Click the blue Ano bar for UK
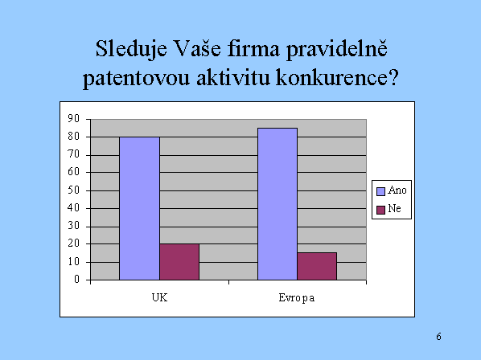(x=140, y=208)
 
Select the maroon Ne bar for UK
(x=179, y=262)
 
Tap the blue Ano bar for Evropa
(x=277, y=204)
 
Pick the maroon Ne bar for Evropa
(x=317, y=266)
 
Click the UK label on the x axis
(x=159, y=297)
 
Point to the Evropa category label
(x=297, y=298)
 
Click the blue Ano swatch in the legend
(x=380, y=191)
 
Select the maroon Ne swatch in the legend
(x=380, y=210)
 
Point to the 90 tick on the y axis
(x=74, y=119)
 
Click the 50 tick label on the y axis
(x=74, y=190)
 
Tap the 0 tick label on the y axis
(x=76, y=280)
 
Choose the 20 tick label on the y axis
(x=74, y=243)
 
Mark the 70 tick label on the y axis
(x=74, y=154)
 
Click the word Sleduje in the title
(x=131, y=50)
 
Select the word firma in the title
(x=253, y=48)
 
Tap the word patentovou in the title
(x=136, y=78)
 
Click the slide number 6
(x=438, y=337)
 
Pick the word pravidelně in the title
(x=336, y=50)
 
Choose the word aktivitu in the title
(x=233, y=77)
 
